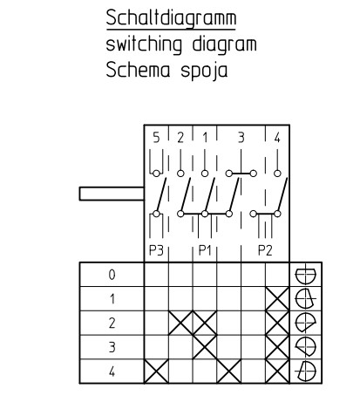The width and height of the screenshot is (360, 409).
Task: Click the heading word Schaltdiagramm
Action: (171, 18)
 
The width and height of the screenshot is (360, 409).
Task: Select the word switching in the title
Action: (144, 44)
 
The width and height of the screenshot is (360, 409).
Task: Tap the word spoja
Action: (204, 71)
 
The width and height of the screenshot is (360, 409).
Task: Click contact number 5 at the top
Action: (156, 138)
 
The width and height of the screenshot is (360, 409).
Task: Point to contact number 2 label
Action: (180, 138)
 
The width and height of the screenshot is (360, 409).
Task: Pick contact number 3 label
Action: (241, 138)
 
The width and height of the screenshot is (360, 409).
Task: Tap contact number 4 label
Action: (277, 138)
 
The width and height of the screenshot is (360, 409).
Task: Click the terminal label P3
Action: (156, 250)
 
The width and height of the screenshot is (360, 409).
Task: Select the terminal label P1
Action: (205, 250)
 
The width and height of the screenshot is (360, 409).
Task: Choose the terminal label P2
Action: (265, 250)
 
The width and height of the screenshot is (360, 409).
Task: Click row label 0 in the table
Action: (112, 275)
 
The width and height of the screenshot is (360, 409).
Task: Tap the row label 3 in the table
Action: (112, 347)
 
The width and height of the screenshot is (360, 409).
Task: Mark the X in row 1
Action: (277, 299)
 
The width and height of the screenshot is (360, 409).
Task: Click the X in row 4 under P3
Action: (156, 372)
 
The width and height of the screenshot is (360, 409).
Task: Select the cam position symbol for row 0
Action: (305, 275)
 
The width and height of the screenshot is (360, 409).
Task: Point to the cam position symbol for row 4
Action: (305, 372)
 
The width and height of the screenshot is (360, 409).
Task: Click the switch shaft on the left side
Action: (112, 194)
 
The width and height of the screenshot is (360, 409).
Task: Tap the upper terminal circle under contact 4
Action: (277, 174)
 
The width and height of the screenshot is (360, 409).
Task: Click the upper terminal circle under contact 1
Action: (205, 174)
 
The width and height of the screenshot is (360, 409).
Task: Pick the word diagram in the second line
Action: (224, 44)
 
